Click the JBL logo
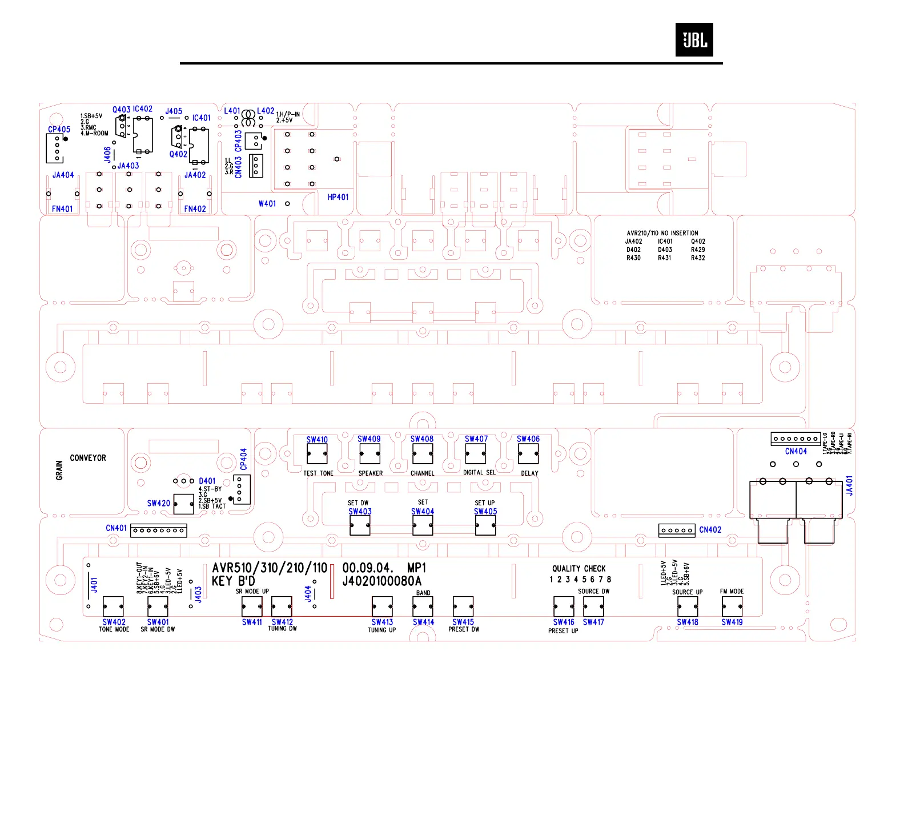pyautogui.click(x=694, y=40)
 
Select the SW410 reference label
pyautogui.click(x=317, y=440)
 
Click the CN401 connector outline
pyautogui.click(x=159, y=530)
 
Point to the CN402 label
pyautogui.click(x=710, y=530)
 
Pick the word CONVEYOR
pyautogui.click(x=88, y=458)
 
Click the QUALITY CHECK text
pyautogui.click(x=578, y=569)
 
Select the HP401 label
pyautogui.click(x=338, y=197)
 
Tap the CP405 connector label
pyautogui.click(x=59, y=130)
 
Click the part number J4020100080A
pyautogui.click(x=381, y=581)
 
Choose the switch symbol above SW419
pyautogui.click(x=732, y=606)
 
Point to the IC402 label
pyautogui.click(x=143, y=109)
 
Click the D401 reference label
pyautogui.click(x=207, y=481)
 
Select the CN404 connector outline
pyautogui.click(x=796, y=439)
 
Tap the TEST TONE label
pyautogui.click(x=318, y=473)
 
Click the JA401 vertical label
pyautogui.click(x=849, y=485)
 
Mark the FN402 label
pyautogui.click(x=195, y=209)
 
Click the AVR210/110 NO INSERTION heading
pyautogui.click(x=662, y=233)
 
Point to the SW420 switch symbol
pyautogui.click(x=183, y=504)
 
